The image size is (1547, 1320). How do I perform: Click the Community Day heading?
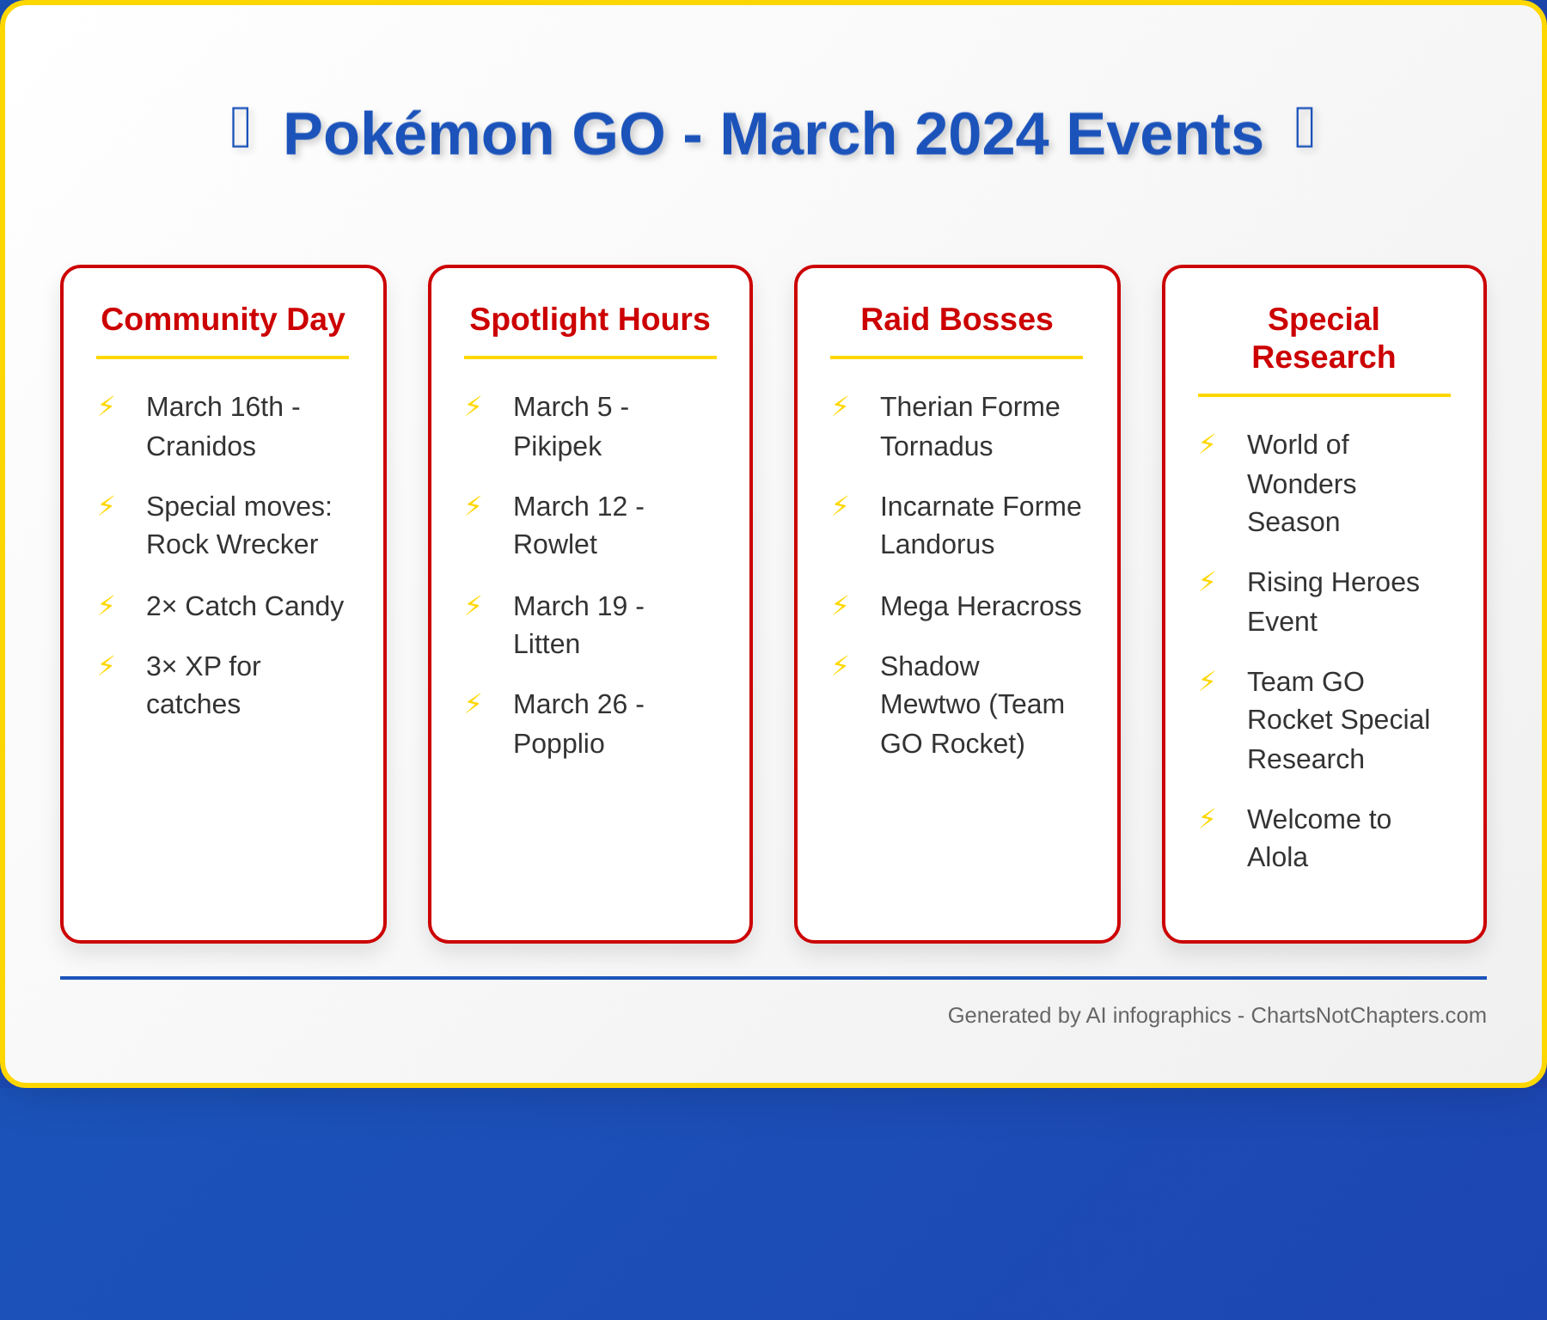point(223,320)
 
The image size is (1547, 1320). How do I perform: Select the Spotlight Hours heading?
point(590,320)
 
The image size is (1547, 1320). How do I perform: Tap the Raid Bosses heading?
point(957,320)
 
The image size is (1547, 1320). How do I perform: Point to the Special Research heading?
point(1324,338)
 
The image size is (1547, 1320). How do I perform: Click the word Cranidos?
point(201,446)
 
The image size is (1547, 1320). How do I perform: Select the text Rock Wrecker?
point(232,544)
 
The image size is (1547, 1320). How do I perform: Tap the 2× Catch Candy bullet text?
point(244,606)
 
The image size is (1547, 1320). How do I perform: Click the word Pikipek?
point(557,446)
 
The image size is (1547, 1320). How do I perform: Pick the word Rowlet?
point(555,544)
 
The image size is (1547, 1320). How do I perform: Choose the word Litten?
point(547,644)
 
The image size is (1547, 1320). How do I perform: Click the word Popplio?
point(559,743)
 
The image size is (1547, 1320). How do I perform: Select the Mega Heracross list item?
point(981,606)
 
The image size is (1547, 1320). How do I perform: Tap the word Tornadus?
point(936,446)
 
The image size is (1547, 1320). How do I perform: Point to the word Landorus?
point(937,544)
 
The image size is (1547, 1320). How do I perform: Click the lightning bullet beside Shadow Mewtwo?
point(841,666)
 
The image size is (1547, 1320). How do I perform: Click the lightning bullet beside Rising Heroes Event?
point(1208,582)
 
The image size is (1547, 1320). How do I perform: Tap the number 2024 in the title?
point(981,134)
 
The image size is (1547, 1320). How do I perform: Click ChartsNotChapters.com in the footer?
point(1368,1015)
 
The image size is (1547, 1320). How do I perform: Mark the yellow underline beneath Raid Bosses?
point(957,357)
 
